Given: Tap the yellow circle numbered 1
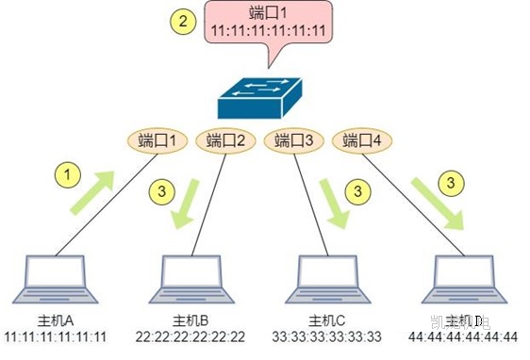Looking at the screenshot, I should (65, 175).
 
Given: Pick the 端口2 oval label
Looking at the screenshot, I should (224, 142).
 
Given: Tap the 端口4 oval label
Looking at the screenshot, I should (362, 142).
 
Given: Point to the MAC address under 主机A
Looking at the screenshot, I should (56, 336).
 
